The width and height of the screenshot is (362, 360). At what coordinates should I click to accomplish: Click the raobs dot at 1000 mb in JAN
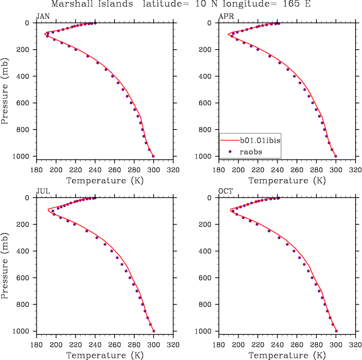[153, 156]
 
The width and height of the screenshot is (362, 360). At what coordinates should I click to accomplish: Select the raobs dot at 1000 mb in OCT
[336, 331]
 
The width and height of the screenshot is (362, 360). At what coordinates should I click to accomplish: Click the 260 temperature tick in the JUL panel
[114, 345]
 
